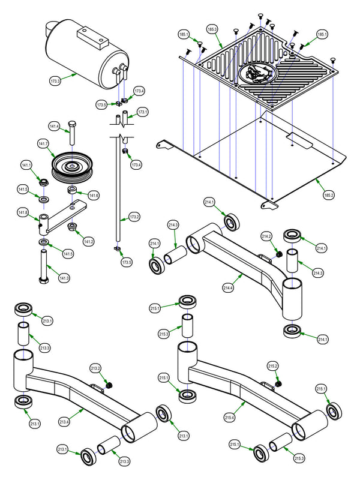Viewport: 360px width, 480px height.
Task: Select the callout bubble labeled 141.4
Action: click(55, 127)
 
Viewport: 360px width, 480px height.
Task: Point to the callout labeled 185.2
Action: click(328, 195)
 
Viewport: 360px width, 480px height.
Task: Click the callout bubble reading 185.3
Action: click(212, 28)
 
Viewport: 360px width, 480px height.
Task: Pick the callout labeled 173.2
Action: click(134, 216)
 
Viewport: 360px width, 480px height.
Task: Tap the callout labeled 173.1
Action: click(142, 112)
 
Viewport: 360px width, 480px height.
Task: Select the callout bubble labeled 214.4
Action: click(229, 287)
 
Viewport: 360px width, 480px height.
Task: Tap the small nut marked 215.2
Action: click(279, 383)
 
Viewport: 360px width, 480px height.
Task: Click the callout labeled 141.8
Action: click(23, 212)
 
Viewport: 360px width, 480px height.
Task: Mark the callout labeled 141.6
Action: click(94, 195)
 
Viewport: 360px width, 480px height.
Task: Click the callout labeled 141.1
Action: click(26, 165)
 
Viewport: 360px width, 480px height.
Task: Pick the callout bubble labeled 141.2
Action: click(89, 241)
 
